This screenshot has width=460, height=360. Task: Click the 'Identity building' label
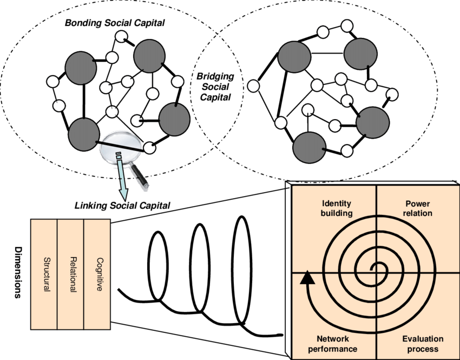point(336,208)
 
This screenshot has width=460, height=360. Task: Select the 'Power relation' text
point(417,208)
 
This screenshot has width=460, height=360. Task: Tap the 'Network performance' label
point(333,344)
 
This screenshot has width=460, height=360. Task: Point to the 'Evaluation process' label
point(423,344)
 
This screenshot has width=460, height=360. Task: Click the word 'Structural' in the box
point(46,274)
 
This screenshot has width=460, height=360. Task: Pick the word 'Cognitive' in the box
point(98,274)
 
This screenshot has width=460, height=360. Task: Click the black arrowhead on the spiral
point(307,278)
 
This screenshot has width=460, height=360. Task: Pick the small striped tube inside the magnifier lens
point(120,158)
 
